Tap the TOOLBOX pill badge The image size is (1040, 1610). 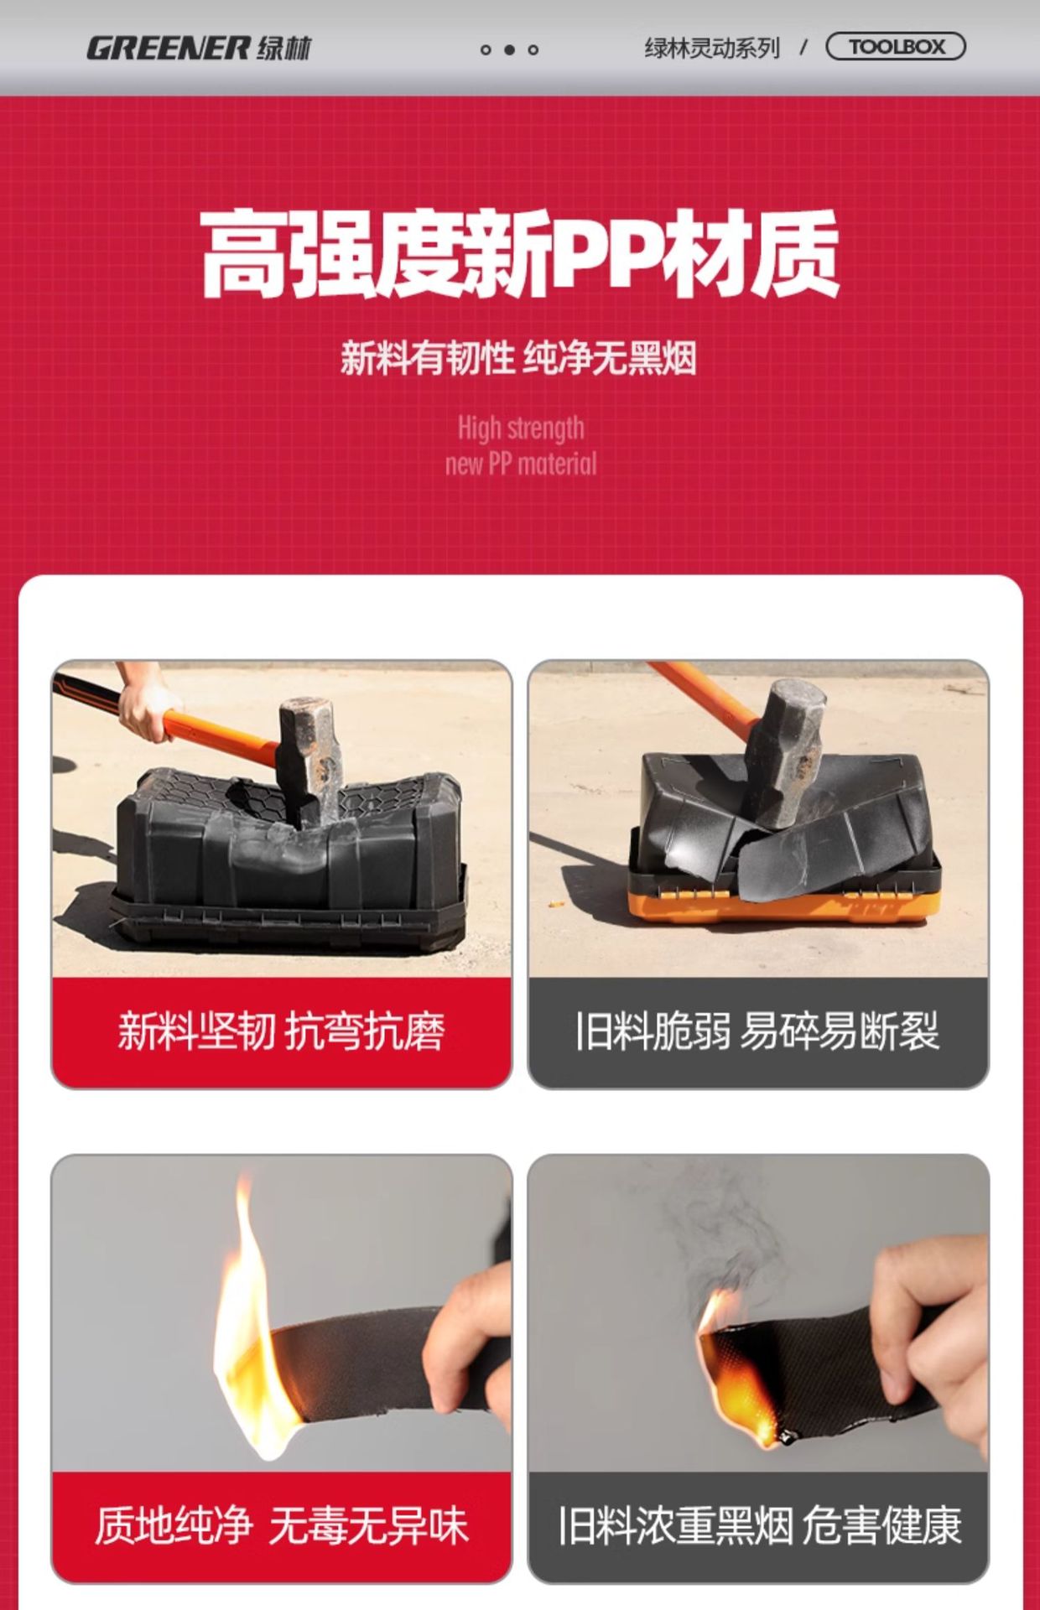tap(896, 47)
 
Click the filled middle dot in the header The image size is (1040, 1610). tap(509, 49)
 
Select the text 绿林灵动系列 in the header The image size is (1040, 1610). tap(712, 48)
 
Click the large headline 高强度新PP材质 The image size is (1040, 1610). tap(520, 254)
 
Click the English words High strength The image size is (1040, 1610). tap(521, 428)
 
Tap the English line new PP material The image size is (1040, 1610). tap(521, 463)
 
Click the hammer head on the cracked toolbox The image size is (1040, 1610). tap(784, 750)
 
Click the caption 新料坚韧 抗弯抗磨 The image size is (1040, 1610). tap(281, 1031)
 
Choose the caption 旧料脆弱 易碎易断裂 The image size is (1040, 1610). tap(757, 1031)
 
